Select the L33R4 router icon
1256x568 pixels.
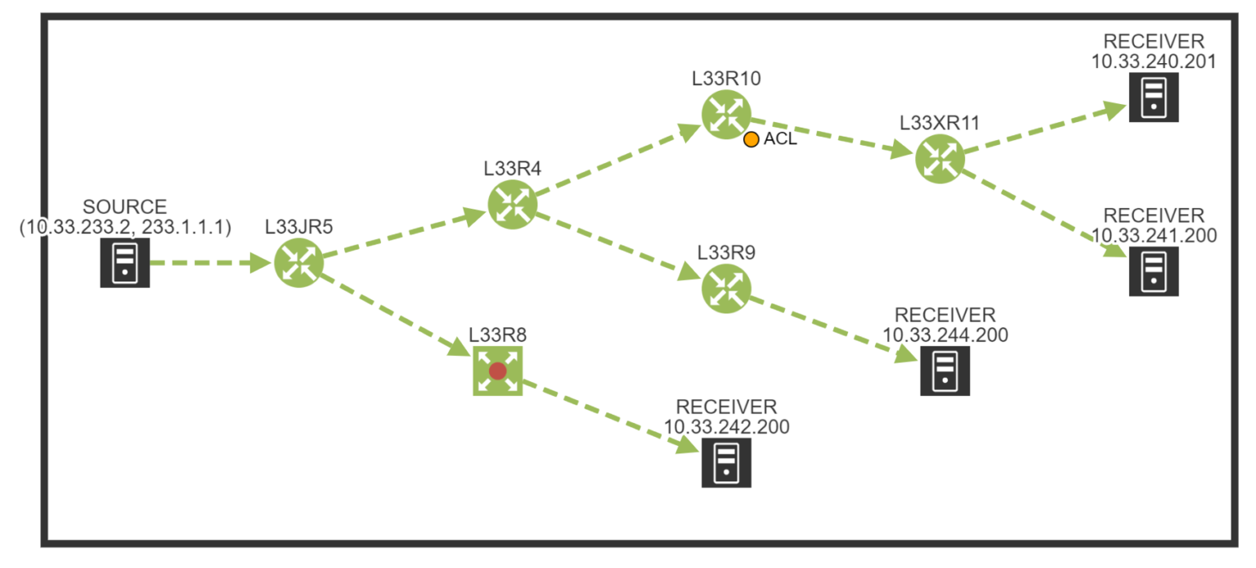(x=512, y=204)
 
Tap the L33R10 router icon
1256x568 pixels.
(x=725, y=115)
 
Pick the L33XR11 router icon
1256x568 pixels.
(x=939, y=158)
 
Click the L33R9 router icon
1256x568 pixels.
(x=725, y=289)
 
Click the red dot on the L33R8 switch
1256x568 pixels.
(x=497, y=371)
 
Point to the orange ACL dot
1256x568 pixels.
(x=751, y=139)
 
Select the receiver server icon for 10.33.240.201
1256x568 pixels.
(x=1153, y=97)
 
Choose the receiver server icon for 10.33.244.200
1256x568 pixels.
(x=944, y=371)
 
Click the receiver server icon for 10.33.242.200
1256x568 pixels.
(x=725, y=463)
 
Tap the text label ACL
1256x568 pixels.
(x=780, y=139)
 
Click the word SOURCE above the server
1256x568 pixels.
(x=124, y=206)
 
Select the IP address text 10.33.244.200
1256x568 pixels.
(x=944, y=334)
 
